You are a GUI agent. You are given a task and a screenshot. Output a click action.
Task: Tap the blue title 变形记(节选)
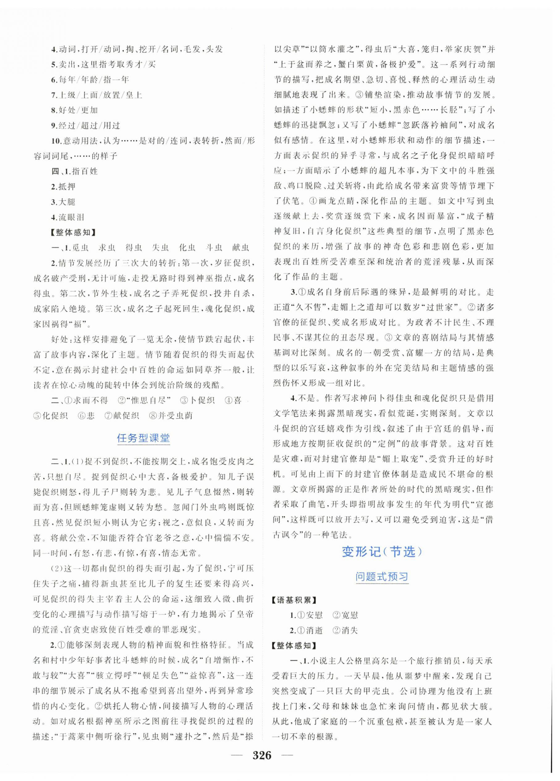point(381,552)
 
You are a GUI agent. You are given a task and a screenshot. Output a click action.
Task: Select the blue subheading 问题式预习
point(381,577)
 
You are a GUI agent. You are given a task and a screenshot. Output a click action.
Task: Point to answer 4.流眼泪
point(68,217)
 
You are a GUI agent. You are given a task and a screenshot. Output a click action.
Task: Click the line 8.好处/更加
point(74,110)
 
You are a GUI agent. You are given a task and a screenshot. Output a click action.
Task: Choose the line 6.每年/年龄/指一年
point(90,80)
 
